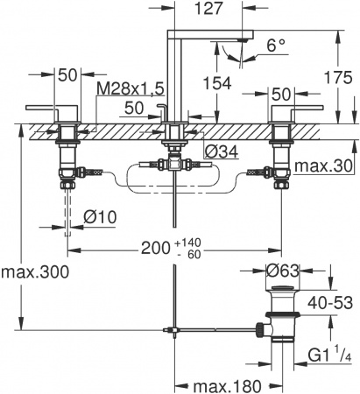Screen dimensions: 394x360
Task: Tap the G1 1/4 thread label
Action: point(329,357)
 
